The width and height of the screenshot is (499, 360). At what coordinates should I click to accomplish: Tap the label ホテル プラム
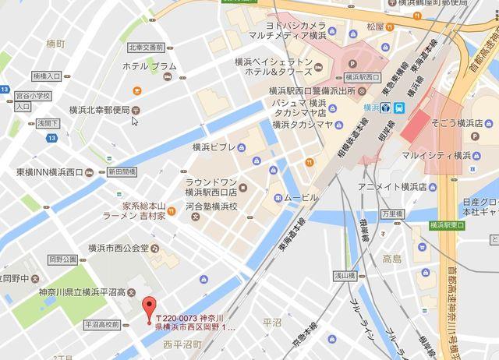pyautogui.click(x=150, y=66)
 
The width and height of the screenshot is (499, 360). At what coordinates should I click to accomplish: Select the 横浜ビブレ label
pyautogui.click(x=214, y=146)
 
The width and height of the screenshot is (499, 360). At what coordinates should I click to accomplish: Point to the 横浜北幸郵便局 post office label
pyautogui.click(x=97, y=110)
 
